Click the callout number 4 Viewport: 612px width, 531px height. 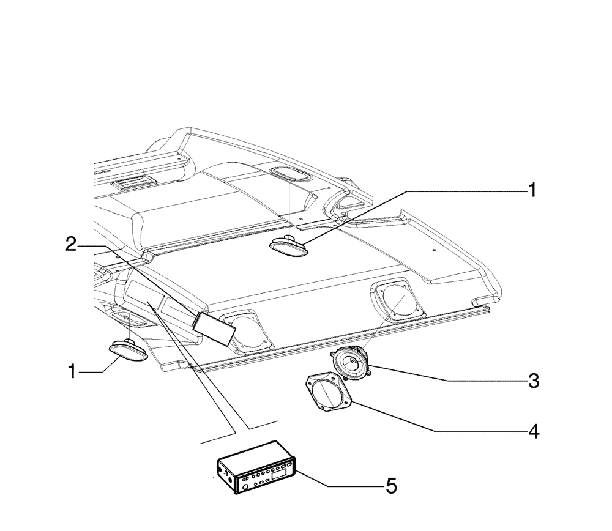533,431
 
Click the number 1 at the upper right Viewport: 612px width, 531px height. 532,190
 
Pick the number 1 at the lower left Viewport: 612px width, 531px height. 72,371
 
